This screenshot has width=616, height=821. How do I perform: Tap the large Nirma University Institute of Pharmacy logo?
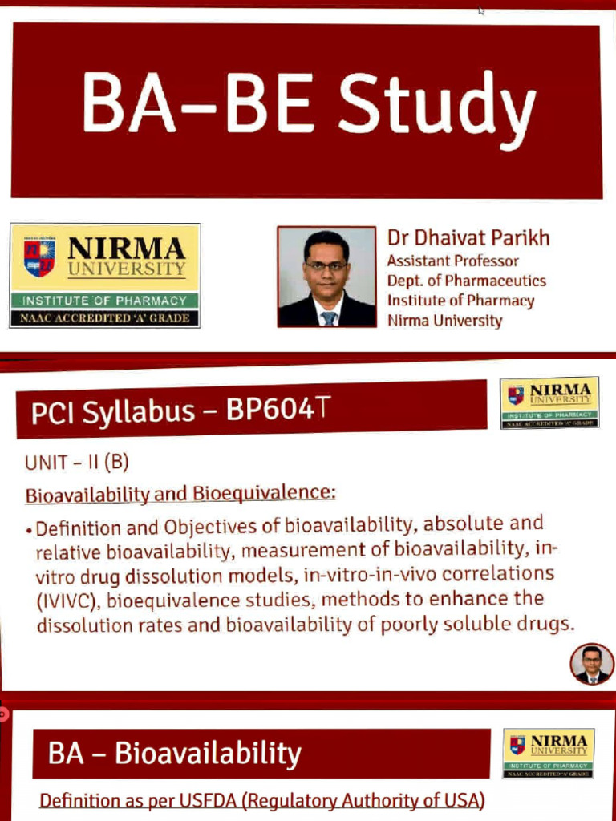pos(104,275)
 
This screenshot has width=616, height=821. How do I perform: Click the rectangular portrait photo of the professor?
pos(326,276)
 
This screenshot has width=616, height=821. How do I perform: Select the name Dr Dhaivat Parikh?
pos(468,238)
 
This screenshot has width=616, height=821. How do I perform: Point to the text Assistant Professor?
pos(452,261)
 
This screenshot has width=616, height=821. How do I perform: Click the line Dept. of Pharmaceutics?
pos(466,281)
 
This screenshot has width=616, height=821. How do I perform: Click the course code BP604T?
pos(278,410)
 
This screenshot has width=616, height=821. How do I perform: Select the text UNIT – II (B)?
pos(77,463)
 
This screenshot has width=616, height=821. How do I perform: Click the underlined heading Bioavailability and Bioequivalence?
pos(180,493)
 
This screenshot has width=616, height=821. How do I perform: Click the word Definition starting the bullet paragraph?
pos(78,529)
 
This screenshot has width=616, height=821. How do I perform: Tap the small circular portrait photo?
pos(592,664)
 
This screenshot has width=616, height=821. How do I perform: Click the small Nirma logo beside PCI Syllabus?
pos(549,402)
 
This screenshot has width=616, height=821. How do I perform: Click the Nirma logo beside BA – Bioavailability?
pos(549,752)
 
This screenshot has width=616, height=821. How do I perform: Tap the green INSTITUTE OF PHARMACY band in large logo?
pos(104,301)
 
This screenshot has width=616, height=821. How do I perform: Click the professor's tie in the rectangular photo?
pos(328,317)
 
